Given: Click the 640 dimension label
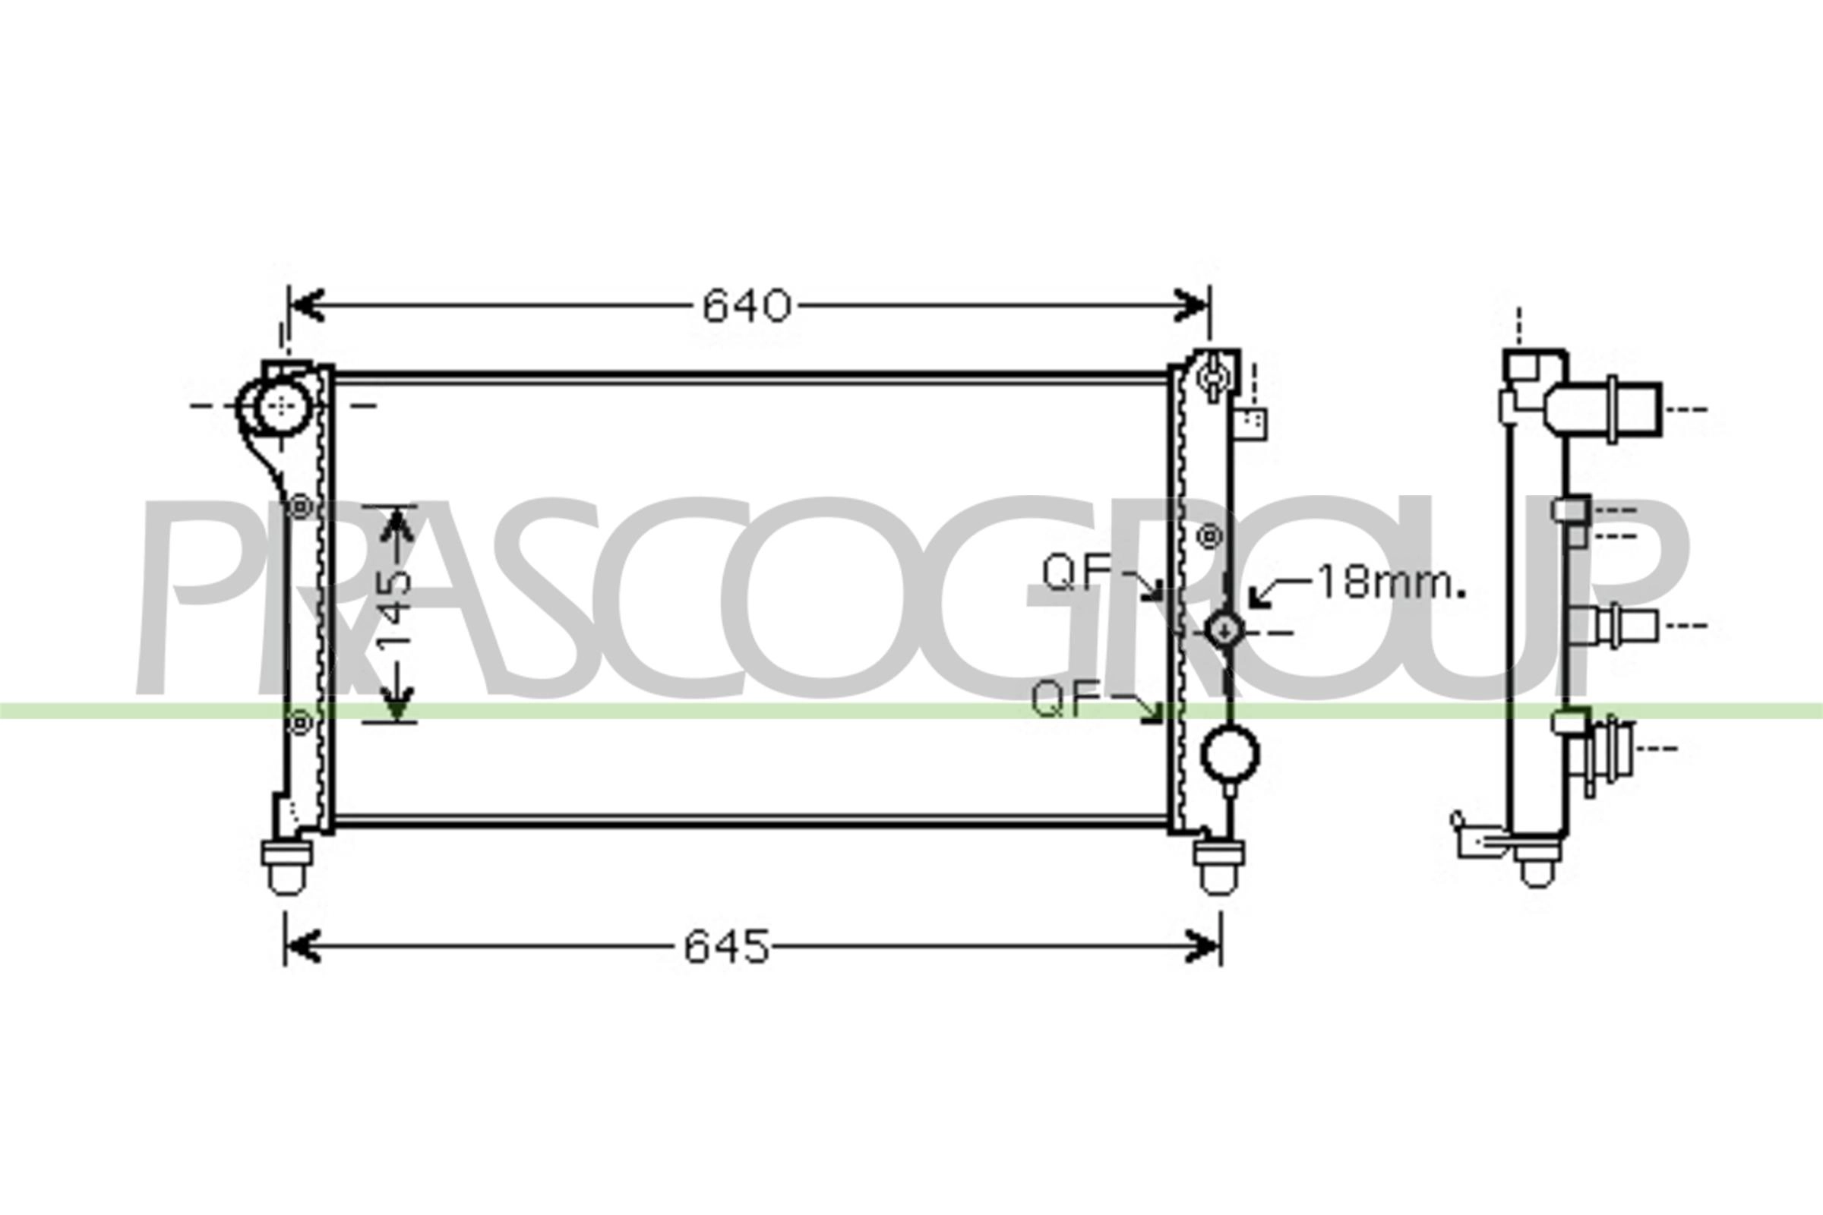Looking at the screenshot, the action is pyautogui.click(x=747, y=306).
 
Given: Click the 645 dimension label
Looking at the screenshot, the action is pyautogui.click(x=726, y=947).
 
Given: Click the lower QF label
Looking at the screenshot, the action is pyautogui.click(x=1065, y=700).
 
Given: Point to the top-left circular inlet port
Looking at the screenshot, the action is pyautogui.click(x=280, y=407).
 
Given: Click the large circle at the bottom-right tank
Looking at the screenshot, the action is pyautogui.click(x=1229, y=753).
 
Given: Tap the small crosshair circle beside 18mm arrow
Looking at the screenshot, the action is pyautogui.click(x=1224, y=631).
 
